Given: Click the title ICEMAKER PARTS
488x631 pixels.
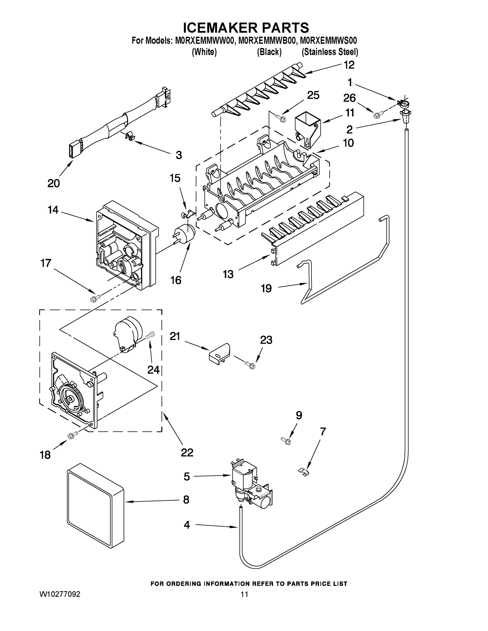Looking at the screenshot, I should (x=246, y=28).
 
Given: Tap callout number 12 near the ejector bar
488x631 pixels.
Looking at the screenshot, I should (x=349, y=65).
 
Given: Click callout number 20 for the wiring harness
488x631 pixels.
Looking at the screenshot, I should (x=53, y=183).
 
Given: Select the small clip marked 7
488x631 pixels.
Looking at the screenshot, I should (x=304, y=472).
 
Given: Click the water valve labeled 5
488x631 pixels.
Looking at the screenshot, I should (x=249, y=485).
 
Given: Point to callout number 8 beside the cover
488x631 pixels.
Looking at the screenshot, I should (x=186, y=500).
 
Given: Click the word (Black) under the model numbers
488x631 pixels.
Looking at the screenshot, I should (x=269, y=52).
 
